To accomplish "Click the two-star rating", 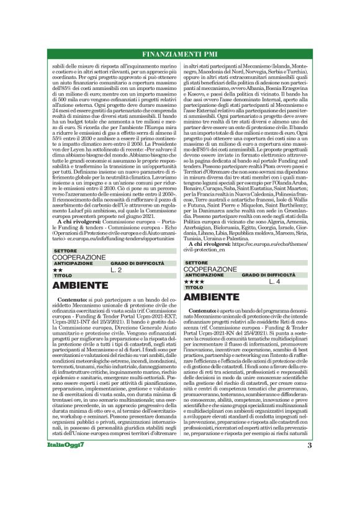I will click(58, 270).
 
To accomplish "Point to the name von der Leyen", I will click(61, 184).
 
